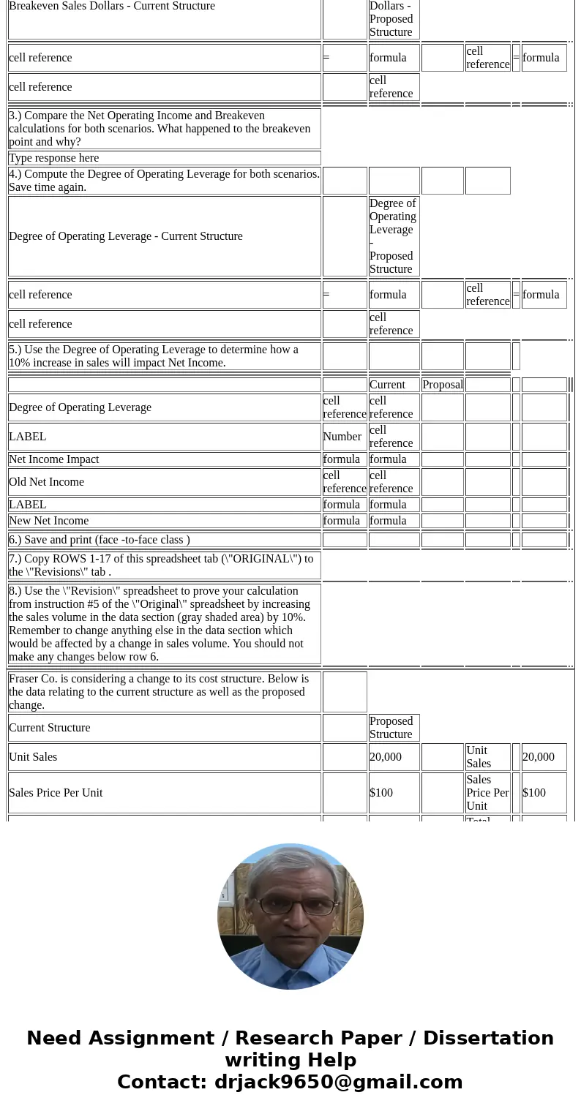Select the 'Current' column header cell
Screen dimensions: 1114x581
click(387, 385)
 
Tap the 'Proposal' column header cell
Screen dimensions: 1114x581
click(443, 385)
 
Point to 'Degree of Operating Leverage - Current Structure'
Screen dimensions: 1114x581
click(126, 236)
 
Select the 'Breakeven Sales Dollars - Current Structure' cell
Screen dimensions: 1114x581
click(112, 7)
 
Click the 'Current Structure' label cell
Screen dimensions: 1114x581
click(50, 728)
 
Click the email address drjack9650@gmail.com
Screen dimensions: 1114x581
click(338, 1082)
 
